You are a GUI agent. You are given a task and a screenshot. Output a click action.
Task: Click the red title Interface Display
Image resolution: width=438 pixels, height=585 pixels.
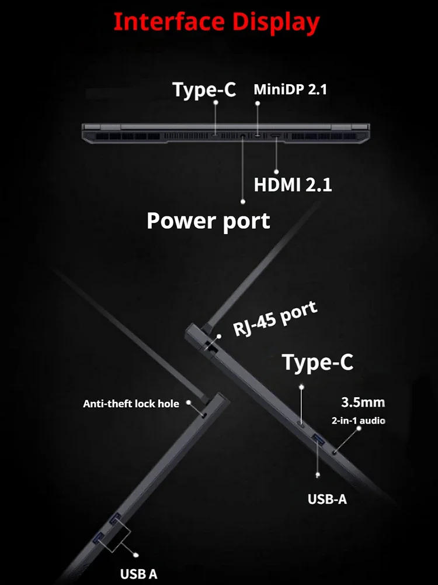[x=217, y=22]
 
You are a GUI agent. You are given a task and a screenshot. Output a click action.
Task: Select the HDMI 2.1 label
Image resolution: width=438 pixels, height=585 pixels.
[x=293, y=185]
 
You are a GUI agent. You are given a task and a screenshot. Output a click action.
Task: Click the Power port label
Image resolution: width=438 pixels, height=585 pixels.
[x=208, y=221]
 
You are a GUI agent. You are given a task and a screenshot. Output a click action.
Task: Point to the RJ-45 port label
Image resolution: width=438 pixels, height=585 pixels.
[x=275, y=319]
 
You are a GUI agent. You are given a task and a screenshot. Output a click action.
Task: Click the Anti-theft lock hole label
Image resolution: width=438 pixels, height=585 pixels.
[x=131, y=404]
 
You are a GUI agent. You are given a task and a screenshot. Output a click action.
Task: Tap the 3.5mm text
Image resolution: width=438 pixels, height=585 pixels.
[x=363, y=402]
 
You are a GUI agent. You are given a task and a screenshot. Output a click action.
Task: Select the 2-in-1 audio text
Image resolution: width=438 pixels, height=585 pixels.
[x=358, y=420]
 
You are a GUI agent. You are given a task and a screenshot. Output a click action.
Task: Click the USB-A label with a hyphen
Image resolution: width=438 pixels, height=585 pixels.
[x=327, y=500]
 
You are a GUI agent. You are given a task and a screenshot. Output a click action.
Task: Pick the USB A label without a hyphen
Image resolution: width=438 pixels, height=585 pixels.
[x=139, y=574]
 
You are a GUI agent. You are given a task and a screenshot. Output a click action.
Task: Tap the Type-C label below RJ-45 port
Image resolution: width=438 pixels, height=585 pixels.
[x=318, y=362]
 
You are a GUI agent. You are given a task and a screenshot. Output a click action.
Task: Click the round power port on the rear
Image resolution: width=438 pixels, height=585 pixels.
[x=243, y=136]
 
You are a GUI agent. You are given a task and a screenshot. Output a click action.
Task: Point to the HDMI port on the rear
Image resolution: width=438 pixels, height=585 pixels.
[x=274, y=137]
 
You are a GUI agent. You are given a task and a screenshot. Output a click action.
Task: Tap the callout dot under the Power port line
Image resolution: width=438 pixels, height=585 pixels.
[x=244, y=201]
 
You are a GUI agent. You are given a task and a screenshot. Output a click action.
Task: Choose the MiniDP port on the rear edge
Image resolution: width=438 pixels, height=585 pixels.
[x=258, y=136]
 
